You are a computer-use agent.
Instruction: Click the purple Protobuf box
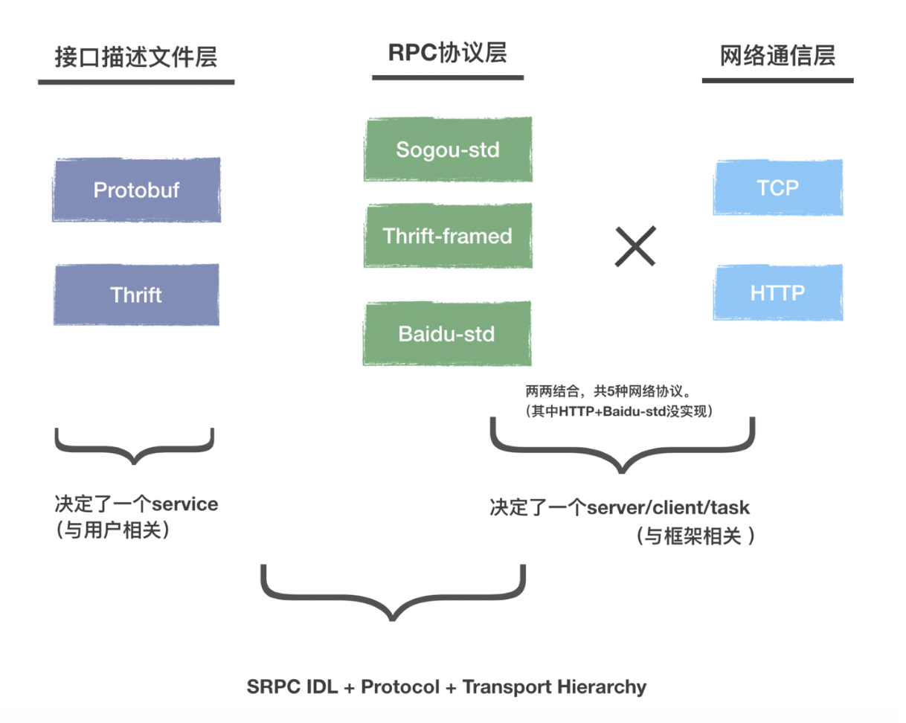click(136, 190)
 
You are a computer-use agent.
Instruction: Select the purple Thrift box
click(136, 295)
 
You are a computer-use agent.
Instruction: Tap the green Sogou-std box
click(447, 150)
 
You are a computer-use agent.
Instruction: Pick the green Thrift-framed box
click(447, 236)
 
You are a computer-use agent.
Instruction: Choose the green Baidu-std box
click(447, 333)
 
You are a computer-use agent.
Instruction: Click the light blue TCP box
click(778, 187)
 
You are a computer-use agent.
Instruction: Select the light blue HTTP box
click(778, 293)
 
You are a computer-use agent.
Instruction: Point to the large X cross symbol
click(634, 246)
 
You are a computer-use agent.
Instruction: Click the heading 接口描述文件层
click(136, 57)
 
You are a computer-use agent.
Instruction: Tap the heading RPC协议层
click(448, 53)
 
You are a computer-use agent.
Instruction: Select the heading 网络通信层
click(777, 57)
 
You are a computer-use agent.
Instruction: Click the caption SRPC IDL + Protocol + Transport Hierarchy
click(446, 687)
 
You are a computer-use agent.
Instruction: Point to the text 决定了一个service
click(136, 504)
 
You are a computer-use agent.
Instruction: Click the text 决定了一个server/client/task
click(619, 508)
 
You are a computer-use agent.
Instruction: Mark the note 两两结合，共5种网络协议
click(608, 392)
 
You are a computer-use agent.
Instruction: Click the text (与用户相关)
click(114, 532)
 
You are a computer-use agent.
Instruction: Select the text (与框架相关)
click(695, 536)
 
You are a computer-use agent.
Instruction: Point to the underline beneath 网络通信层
click(777, 80)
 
